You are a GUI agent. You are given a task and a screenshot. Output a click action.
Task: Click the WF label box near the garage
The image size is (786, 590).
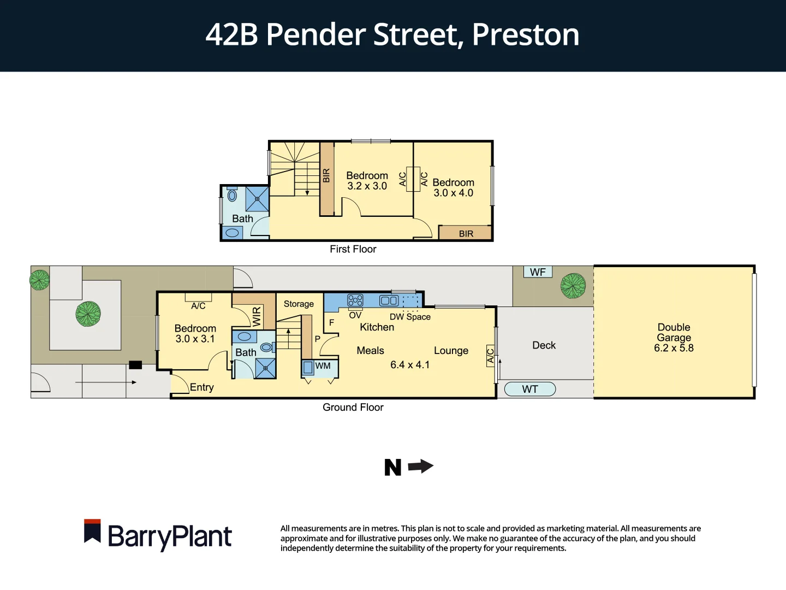[538, 272]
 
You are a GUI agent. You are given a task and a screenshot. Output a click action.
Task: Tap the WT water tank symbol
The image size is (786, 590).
[530, 389]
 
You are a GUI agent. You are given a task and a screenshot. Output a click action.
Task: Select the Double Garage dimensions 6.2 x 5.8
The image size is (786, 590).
[674, 348]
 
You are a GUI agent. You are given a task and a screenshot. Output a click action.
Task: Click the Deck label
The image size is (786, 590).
[544, 345]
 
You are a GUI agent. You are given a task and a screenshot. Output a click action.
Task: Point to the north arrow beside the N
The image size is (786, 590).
[421, 467]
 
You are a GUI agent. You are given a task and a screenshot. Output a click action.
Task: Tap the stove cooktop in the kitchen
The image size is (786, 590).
[355, 300]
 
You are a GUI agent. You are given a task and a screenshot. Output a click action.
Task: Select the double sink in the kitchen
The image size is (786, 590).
[389, 300]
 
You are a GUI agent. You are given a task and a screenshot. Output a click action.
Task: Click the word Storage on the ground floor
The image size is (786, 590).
[299, 304]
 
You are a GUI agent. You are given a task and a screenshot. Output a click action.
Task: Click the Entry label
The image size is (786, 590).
[201, 387]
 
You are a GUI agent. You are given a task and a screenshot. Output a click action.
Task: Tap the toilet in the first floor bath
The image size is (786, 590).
[232, 195]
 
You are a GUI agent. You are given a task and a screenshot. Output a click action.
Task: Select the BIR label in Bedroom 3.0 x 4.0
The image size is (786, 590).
[466, 234]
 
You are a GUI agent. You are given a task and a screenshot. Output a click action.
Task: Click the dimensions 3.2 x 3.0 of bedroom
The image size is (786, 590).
[367, 186]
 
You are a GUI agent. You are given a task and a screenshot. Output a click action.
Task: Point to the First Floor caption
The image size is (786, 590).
[353, 249]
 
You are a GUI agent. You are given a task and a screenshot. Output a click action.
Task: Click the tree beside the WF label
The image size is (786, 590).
[573, 286]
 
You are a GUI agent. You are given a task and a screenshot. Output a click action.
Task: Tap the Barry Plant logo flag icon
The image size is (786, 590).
[92, 531]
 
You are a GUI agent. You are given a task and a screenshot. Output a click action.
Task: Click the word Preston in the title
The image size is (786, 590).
[525, 34]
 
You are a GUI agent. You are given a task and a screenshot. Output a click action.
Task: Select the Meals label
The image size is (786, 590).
[370, 351]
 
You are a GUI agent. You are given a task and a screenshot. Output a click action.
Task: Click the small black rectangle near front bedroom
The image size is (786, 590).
[135, 365]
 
